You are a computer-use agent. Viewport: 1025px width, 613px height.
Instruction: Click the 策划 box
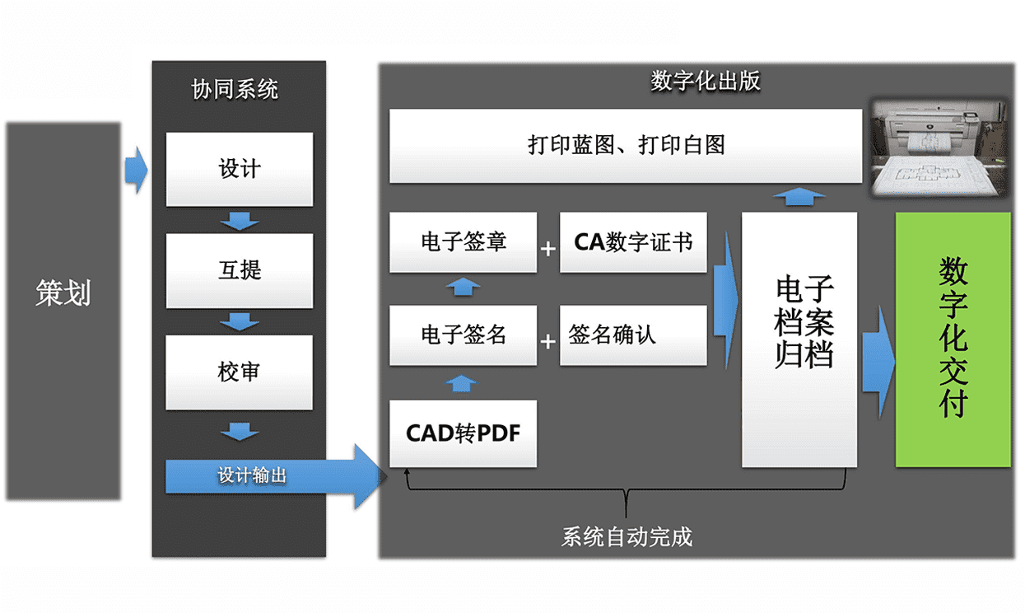63,311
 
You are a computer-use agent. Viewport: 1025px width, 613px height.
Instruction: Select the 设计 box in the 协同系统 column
240,169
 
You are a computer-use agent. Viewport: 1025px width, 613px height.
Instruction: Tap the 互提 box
240,270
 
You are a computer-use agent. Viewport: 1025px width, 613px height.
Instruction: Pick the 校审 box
240,372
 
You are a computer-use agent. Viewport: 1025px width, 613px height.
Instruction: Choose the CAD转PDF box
463,433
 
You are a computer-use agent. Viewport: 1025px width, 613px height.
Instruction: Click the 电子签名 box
463,335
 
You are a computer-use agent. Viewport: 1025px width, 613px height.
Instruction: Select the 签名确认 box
633,335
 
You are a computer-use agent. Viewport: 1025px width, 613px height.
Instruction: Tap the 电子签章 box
463,242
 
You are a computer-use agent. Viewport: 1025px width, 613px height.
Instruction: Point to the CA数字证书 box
633,242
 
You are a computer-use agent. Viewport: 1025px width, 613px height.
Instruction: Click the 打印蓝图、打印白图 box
626,146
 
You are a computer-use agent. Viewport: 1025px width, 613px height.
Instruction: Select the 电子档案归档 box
799,338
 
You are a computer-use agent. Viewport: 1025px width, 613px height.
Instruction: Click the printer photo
939,147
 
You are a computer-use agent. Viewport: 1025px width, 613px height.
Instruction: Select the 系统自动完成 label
627,537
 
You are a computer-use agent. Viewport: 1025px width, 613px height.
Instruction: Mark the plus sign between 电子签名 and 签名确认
548,340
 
